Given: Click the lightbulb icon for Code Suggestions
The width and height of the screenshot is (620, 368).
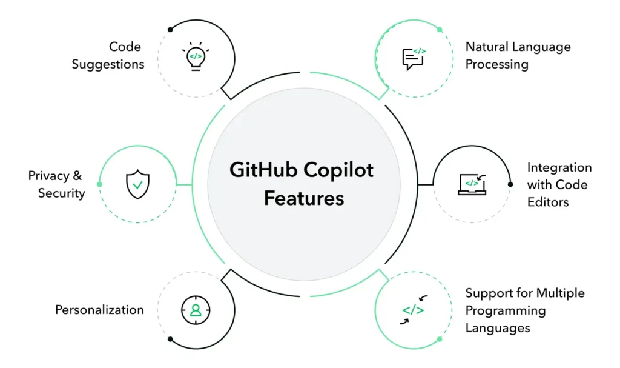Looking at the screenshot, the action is [196, 56].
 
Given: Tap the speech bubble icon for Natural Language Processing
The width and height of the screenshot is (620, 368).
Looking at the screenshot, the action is [414, 59].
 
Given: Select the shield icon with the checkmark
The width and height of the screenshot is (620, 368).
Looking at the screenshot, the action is [137, 184].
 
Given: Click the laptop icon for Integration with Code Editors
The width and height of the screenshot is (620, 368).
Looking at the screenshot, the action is [472, 184].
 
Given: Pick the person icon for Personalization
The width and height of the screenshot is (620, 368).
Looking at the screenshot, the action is [196, 310].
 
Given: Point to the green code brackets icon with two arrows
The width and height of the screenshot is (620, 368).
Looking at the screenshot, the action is [414, 310].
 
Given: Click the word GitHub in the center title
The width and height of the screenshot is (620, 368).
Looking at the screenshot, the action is [263, 170].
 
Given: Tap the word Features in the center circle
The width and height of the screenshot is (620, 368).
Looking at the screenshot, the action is [304, 198].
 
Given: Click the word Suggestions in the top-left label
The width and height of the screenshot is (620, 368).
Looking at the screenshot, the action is [108, 65].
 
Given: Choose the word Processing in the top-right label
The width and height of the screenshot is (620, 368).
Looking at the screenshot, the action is [496, 65].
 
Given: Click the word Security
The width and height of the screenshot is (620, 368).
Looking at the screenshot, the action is [61, 193].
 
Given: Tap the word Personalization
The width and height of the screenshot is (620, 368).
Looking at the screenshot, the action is [99, 310].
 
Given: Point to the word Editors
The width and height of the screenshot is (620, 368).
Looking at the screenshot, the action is [548, 202].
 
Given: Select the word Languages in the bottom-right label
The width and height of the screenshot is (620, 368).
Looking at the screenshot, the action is [498, 328].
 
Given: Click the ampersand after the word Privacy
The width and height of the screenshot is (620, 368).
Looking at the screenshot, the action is [77, 175].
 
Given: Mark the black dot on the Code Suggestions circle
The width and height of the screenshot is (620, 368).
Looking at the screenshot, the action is [170, 29].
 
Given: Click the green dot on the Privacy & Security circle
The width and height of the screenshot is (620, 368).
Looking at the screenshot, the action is [99, 184].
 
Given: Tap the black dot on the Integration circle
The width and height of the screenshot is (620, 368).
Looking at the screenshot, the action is [510, 184].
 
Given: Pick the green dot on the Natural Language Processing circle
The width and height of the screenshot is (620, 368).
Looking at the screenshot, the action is [440, 30].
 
